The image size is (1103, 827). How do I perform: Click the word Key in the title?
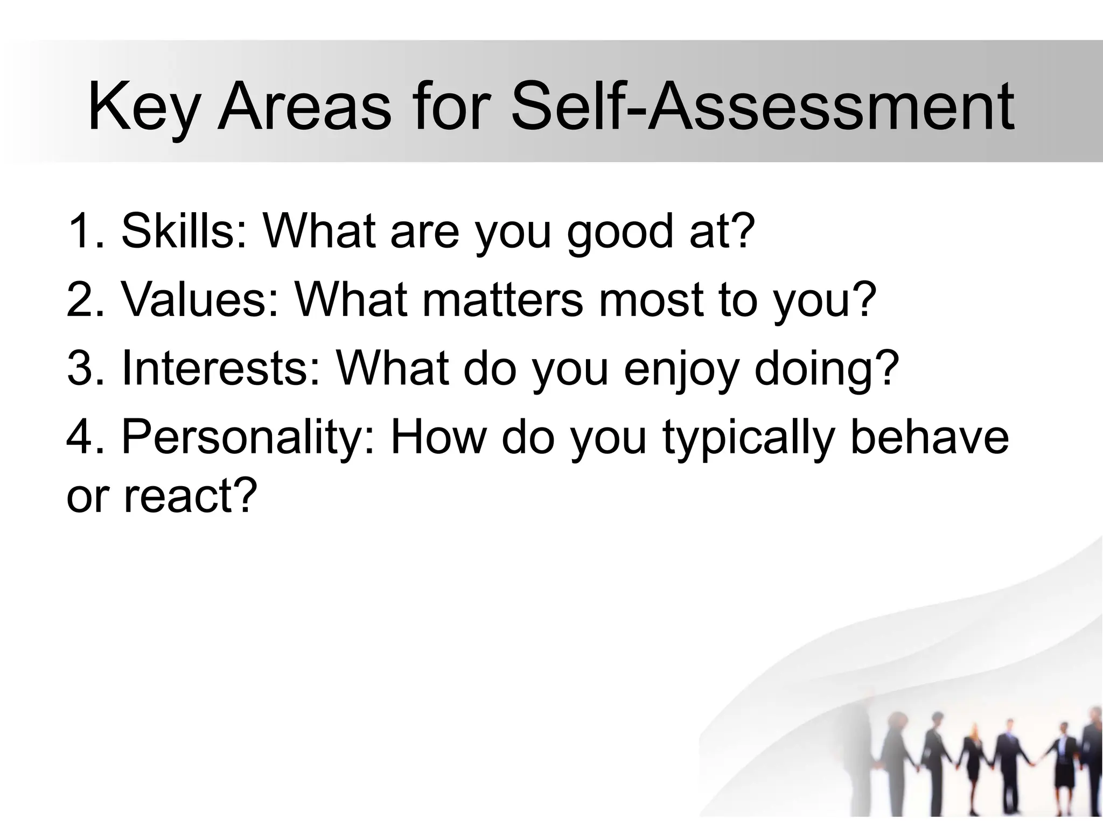click(142, 108)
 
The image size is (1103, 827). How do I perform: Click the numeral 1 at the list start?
click(81, 231)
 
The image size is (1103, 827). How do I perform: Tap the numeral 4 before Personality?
click(81, 437)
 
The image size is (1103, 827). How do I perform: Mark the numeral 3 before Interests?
click(81, 368)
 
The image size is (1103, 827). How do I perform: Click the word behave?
click(929, 437)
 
